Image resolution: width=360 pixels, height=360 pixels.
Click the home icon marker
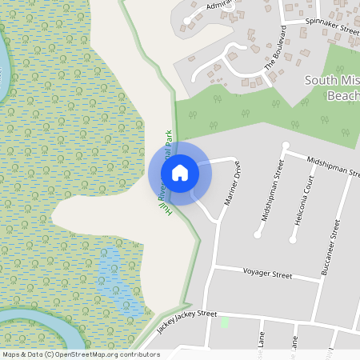tap(180, 171)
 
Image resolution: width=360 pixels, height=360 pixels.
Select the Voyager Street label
tap(267, 274)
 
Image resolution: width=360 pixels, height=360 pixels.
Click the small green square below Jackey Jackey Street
tap(225, 322)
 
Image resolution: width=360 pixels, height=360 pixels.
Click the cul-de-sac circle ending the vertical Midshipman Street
tap(258, 234)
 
